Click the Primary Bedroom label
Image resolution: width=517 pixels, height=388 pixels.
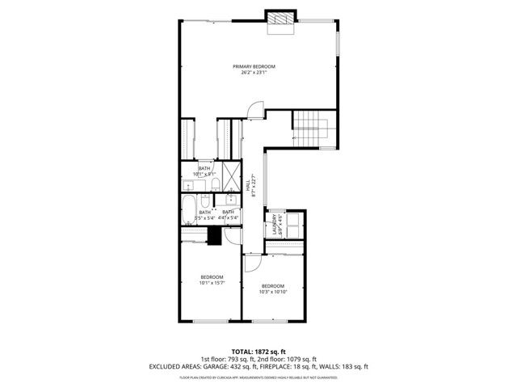tap(254, 66)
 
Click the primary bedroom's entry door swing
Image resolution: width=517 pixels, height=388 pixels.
tap(255, 111)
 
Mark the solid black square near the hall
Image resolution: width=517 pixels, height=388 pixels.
tap(215, 235)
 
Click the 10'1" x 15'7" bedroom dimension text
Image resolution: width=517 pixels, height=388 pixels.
tap(212, 283)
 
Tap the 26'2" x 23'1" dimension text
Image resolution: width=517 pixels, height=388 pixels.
tap(254, 73)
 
